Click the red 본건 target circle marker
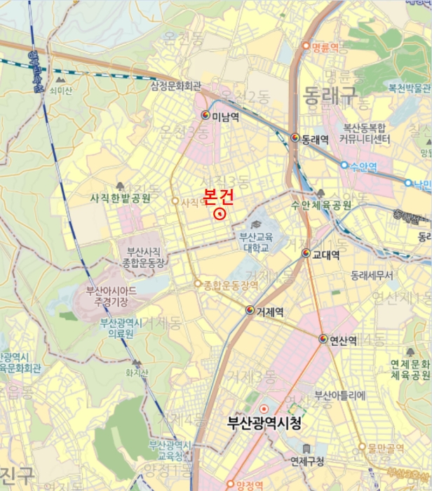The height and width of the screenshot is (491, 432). pyautogui.click(x=220, y=213)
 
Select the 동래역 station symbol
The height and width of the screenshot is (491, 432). pyautogui.click(x=295, y=137)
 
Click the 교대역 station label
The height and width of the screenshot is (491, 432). pyautogui.click(x=326, y=254)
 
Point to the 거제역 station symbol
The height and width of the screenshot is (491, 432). pyautogui.click(x=250, y=310)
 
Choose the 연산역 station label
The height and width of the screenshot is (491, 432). pyautogui.click(x=343, y=340)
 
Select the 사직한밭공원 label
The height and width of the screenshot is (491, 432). pyautogui.click(x=121, y=199)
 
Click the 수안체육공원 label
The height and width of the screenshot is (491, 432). pyautogui.click(x=321, y=205)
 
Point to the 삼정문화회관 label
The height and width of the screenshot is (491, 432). pyautogui.click(x=176, y=86)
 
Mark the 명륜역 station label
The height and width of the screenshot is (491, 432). pyautogui.click(x=326, y=47)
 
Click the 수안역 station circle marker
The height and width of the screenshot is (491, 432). pyautogui.click(x=344, y=166)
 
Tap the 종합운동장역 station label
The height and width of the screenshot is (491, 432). pyautogui.click(x=231, y=285)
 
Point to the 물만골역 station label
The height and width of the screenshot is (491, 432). pyautogui.click(x=391, y=447)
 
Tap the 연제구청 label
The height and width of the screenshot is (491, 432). pyautogui.click(x=307, y=461)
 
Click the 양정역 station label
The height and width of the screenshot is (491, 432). pyautogui.click(x=249, y=485)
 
